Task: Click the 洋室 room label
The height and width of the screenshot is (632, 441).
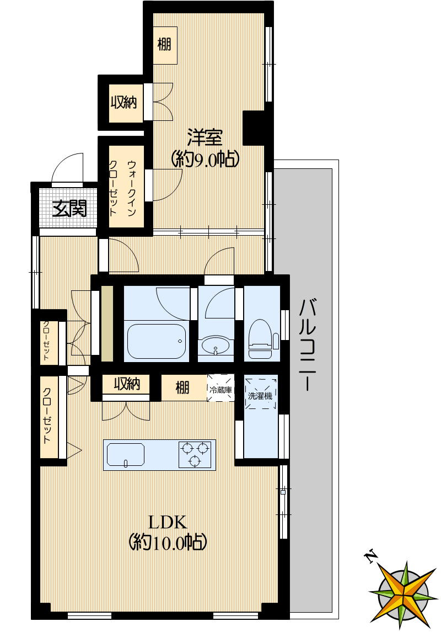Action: coord(205,138)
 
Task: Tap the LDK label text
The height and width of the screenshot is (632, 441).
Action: coord(168,522)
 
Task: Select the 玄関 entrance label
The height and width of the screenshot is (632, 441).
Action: coord(69,209)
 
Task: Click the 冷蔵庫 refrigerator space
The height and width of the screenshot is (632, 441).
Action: coord(220,387)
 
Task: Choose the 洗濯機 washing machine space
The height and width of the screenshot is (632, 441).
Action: coord(261,393)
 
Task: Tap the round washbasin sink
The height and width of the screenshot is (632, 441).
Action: coord(216,346)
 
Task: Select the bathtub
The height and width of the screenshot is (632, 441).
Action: coord(157,341)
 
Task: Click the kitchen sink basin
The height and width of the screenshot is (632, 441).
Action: coord(125,455)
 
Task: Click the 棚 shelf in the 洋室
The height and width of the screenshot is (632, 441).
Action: coord(165,45)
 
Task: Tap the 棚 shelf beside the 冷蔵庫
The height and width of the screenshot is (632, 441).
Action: coord(183,387)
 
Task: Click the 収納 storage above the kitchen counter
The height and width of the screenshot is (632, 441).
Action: coord(126,384)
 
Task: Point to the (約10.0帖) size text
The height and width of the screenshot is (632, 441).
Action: coord(168,543)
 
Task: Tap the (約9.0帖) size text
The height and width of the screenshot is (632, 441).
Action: coord(205,159)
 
